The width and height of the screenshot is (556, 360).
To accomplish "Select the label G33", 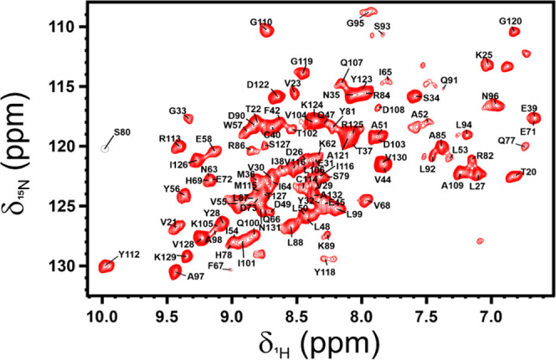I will tap(177, 111).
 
